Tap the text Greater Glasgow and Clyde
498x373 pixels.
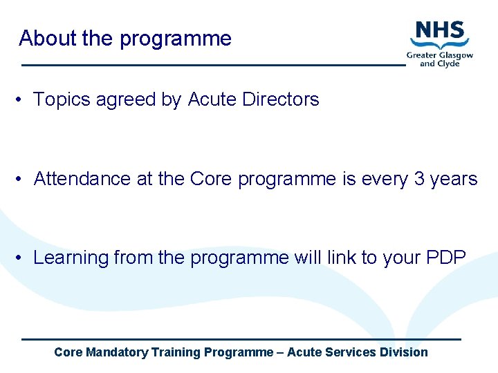[x=440, y=59]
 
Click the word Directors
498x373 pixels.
[x=281, y=99]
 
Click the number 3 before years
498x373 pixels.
[x=419, y=179]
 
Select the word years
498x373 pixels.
[x=454, y=180]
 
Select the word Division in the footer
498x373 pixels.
[x=404, y=352]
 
